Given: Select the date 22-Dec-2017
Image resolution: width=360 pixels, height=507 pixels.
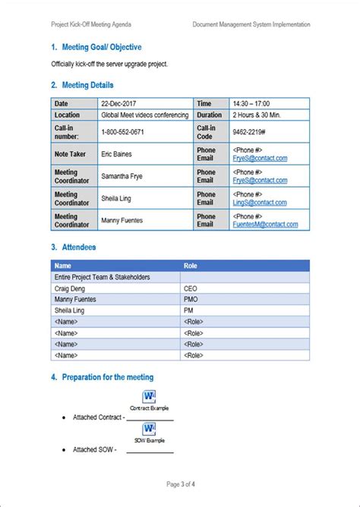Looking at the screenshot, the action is point(118,103).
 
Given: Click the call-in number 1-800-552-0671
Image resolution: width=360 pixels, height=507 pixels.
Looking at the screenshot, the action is point(122,131).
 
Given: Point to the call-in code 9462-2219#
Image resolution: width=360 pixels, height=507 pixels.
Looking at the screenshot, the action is point(249,131).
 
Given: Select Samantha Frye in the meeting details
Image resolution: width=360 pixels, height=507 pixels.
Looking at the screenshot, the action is point(122,176).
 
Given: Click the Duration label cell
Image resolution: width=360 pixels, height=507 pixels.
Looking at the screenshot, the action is point(209,115).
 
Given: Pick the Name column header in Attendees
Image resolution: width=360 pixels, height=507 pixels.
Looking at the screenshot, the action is point(63,266).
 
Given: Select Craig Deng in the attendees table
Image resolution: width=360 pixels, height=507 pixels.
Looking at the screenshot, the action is point(69,288).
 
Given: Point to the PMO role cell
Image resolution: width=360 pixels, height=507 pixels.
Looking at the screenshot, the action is point(191,300).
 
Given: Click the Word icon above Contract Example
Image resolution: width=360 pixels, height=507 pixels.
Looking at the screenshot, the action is point(149,397).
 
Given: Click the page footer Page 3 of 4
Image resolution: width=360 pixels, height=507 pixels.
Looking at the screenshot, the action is point(180,483).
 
